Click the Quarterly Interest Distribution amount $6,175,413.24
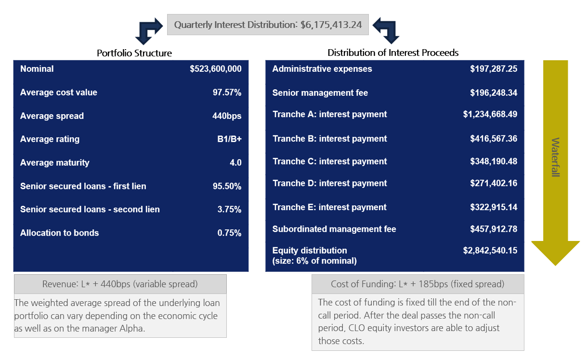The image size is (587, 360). (331, 25)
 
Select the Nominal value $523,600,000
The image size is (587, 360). (215, 69)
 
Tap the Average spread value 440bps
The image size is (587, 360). (227, 116)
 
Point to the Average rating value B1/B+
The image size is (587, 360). (229, 139)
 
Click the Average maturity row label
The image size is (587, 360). (55, 162)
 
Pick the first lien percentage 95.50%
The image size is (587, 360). (227, 186)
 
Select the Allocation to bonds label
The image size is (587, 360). (59, 233)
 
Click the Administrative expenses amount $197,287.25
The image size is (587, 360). (494, 69)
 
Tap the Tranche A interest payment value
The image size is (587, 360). (490, 114)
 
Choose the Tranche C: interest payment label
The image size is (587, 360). (330, 161)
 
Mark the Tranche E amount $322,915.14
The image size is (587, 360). (494, 207)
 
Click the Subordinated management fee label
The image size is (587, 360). (334, 229)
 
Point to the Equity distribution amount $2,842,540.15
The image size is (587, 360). (490, 251)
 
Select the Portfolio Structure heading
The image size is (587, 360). (134, 53)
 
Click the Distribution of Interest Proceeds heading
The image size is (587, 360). (393, 53)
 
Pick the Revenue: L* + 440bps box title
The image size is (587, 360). (120, 284)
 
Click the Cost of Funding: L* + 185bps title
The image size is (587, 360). (417, 284)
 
